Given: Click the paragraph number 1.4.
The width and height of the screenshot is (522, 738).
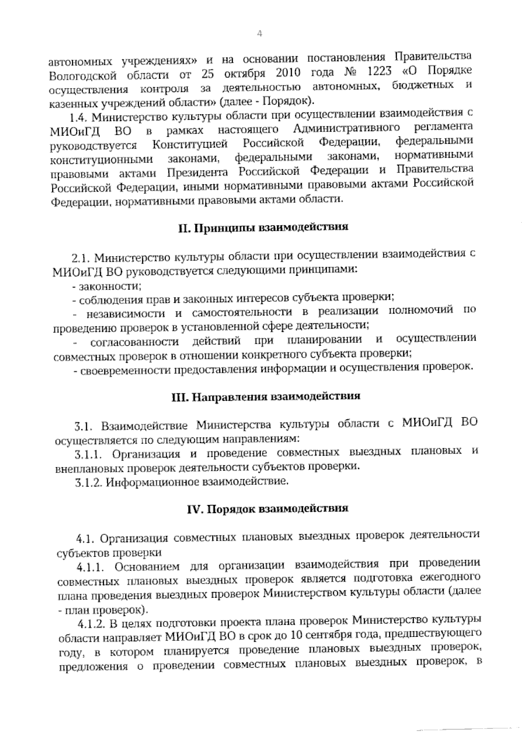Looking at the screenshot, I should pyautogui.click(x=79, y=118).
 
